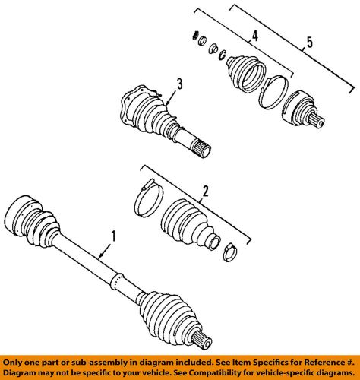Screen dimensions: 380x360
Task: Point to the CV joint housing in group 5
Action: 300,107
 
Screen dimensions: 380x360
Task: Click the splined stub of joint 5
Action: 320,121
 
